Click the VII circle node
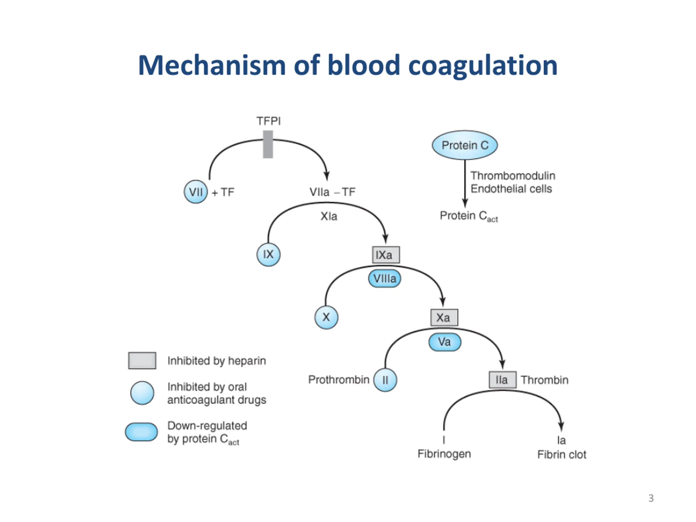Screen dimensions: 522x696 click(x=196, y=192)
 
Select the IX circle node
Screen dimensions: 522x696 click(x=268, y=254)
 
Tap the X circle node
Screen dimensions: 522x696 click(x=326, y=317)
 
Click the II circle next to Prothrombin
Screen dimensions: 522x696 click(x=385, y=380)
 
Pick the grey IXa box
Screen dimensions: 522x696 click(x=386, y=255)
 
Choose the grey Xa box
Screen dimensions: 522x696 click(x=444, y=318)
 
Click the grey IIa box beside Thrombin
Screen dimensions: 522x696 click(x=502, y=380)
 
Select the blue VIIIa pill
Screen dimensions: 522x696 click(x=384, y=278)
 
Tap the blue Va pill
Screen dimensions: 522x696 click(x=445, y=342)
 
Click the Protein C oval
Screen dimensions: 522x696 click(x=465, y=145)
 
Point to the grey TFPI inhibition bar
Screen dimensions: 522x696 click(x=268, y=144)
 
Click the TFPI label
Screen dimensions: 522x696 click(x=268, y=121)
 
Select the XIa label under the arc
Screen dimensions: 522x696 click(x=329, y=216)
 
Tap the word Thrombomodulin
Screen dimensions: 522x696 click(x=513, y=176)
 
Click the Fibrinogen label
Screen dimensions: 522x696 click(x=444, y=454)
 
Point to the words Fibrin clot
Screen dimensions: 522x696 click(x=562, y=454)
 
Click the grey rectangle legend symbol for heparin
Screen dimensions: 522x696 click(x=142, y=361)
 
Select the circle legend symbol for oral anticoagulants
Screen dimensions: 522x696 click(x=142, y=393)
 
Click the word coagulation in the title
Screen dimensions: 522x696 click(x=483, y=66)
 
